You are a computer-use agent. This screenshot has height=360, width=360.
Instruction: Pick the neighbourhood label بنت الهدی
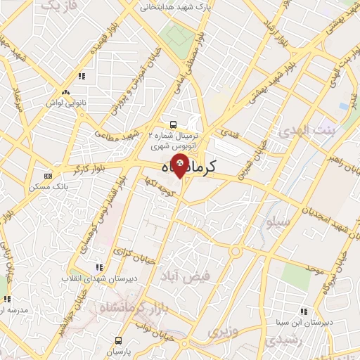click(x=306, y=131)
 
